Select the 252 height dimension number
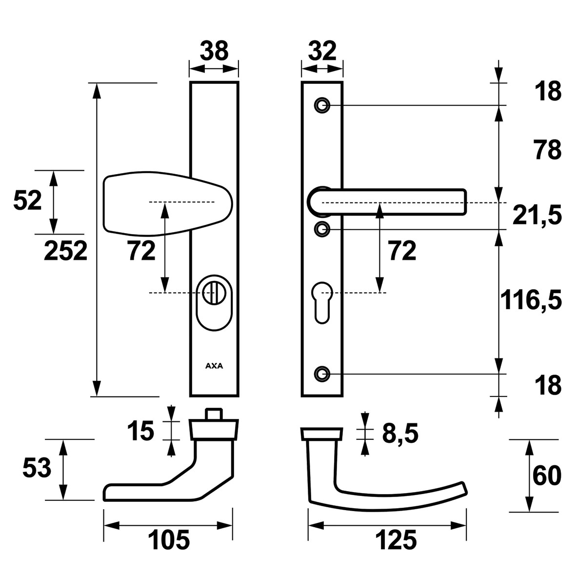[66, 251]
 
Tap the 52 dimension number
[27, 201]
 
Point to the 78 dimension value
[548, 150]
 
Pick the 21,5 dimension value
[537, 215]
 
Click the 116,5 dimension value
[531, 299]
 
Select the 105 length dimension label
[169, 540]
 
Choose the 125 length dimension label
[396, 540]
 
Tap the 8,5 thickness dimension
[400, 434]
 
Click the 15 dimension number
[140, 431]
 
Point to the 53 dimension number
[37, 468]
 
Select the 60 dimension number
[547, 476]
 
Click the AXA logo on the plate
[214, 366]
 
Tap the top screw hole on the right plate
[322, 105]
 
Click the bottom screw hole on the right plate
[322, 374]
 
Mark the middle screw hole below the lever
[322, 229]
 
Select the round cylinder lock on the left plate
[214, 302]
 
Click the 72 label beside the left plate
[142, 251]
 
